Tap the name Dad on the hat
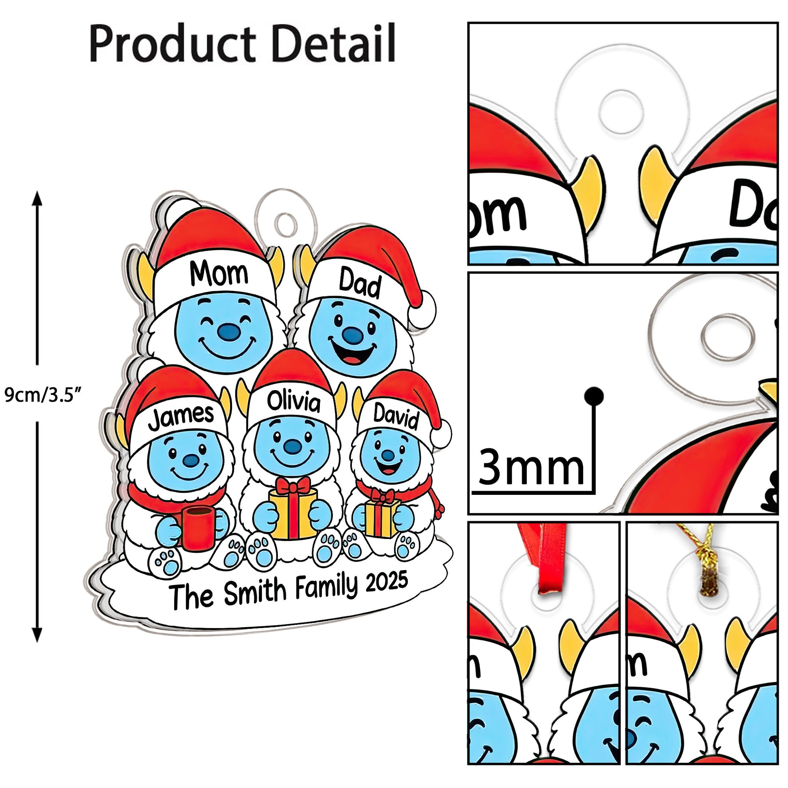(360, 283)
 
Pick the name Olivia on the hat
(294, 402)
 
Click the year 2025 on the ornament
(387, 581)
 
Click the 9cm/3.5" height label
(44, 395)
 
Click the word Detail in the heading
(334, 43)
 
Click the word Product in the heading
(172, 43)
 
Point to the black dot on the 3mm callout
(594, 396)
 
